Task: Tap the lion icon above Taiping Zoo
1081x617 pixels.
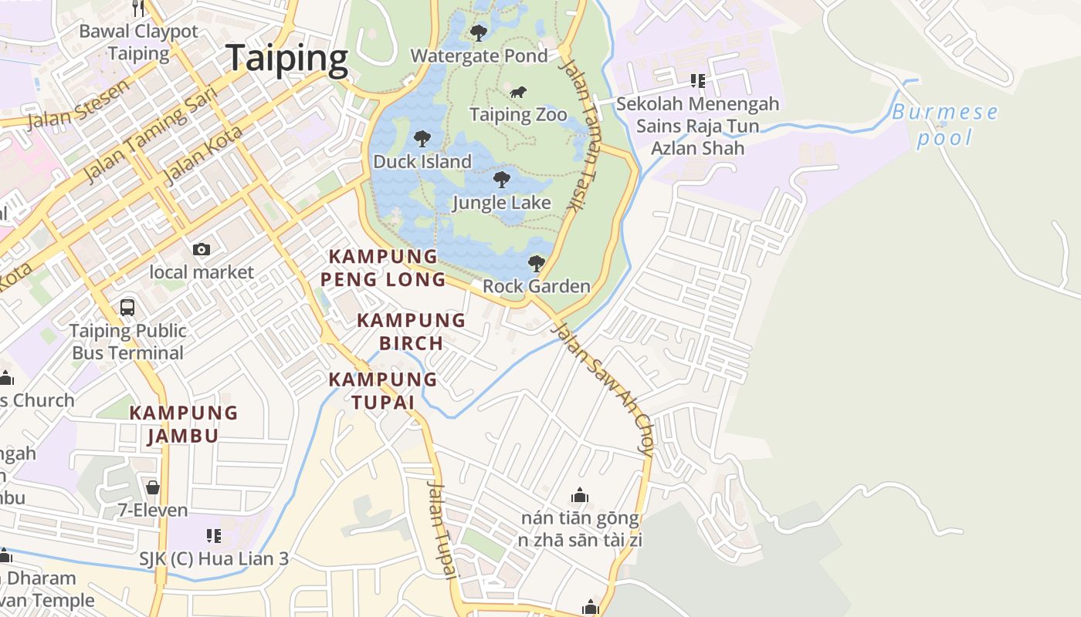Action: click(518, 93)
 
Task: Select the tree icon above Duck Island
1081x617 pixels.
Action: click(422, 139)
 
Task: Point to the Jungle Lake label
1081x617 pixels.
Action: click(501, 203)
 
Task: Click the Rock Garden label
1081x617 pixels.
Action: click(536, 286)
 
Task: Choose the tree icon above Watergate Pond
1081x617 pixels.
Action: click(479, 33)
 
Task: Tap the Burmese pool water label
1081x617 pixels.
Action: click(944, 125)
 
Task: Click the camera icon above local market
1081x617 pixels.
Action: click(202, 249)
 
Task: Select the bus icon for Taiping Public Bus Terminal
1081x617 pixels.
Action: click(127, 308)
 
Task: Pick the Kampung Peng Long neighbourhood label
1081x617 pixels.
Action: click(383, 268)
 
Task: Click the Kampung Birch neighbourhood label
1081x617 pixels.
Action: click(411, 331)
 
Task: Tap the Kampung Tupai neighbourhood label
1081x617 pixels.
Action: click(383, 390)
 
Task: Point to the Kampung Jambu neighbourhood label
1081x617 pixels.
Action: click(183, 423)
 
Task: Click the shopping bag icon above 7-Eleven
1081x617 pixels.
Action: click(153, 487)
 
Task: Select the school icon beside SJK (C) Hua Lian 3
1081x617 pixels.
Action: click(214, 535)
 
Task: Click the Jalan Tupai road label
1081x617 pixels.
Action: click(441, 528)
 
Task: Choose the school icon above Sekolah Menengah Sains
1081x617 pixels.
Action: click(698, 81)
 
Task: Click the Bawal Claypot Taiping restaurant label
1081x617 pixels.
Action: click(139, 42)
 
